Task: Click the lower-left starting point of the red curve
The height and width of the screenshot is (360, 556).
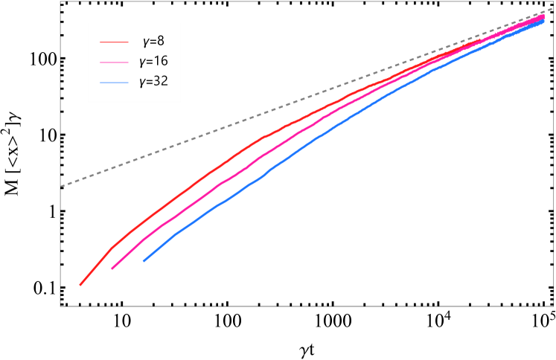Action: (80, 284)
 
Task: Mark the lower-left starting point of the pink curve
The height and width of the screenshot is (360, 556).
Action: (112, 269)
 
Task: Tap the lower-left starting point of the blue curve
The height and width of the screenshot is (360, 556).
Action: (144, 261)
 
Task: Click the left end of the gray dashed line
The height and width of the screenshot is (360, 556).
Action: (62, 186)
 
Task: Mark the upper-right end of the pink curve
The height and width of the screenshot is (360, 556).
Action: (545, 16)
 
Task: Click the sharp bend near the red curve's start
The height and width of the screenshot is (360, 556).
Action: (112, 247)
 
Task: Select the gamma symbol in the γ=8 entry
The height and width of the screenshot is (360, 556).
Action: (144, 41)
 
